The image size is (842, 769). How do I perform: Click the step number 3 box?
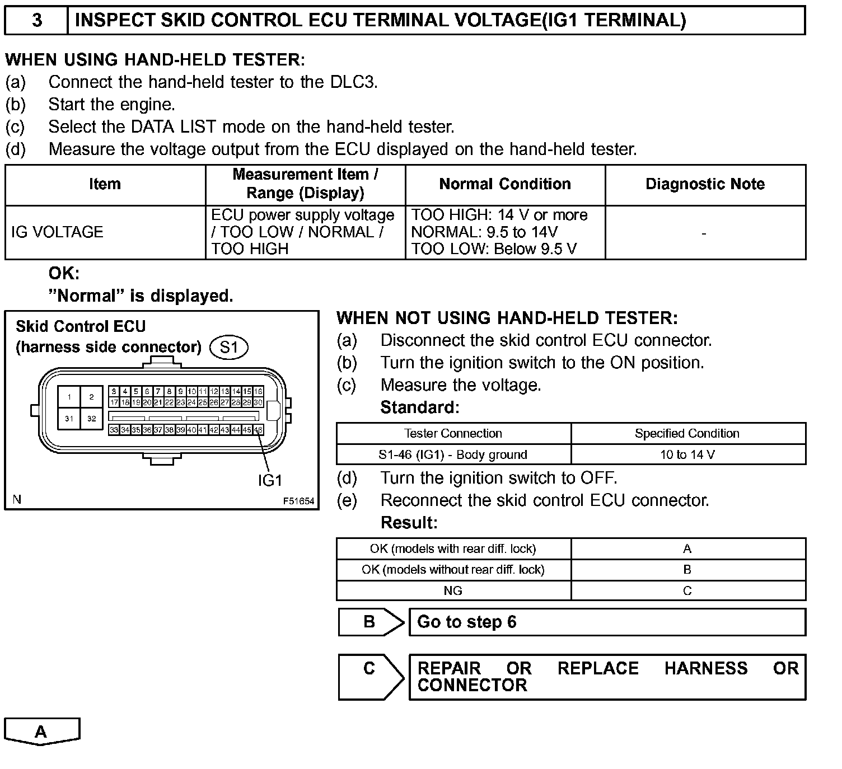tap(36, 21)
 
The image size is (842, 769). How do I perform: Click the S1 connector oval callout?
tap(228, 348)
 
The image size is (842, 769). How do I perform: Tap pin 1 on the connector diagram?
tap(69, 397)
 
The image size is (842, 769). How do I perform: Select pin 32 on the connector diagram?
tap(92, 419)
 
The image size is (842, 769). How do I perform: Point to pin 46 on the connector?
tap(258, 430)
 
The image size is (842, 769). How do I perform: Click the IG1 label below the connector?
tap(270, 480)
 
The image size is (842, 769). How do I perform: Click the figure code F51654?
tap(298, 501)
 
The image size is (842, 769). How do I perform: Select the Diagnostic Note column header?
tap(705, 184)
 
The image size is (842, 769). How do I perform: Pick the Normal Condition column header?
tap(505, 184)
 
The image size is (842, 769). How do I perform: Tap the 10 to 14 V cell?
tap(687, 454)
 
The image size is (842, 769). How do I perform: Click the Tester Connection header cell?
tap(453, 433)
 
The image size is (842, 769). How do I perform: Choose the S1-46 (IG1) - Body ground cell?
tap(453, 454)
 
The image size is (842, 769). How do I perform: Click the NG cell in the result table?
tap(453, 590)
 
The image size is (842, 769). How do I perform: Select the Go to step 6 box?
tap(607, 622)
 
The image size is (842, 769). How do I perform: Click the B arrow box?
tap(370, 622)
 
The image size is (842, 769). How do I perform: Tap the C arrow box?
tap(370, 676)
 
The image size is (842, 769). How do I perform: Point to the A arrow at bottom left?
tap(41, 732)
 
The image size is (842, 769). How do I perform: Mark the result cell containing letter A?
tap(687, 548)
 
